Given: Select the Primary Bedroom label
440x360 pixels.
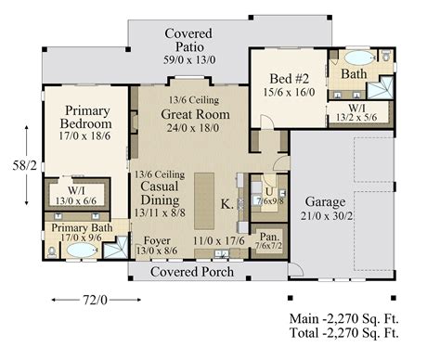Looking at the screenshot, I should [x=85, y=118].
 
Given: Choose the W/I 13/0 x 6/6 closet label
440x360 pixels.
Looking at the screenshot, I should [x=78, y=193].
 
